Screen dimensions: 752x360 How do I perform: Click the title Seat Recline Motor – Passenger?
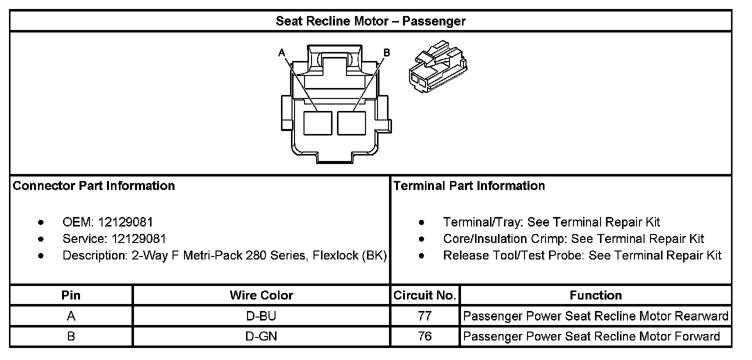click(370, 21)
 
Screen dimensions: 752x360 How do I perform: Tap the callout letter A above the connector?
click(282, 52)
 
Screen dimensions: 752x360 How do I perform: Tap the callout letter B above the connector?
click(386, 52)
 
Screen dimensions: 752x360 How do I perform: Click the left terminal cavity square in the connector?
click(318, 122)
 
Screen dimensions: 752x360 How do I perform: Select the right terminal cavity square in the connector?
click(351, 122)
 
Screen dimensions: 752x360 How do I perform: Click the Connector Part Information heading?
click(94, 186)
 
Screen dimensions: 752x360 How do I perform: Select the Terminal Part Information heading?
click(469, 186)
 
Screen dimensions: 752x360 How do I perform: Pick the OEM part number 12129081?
click(125, 222)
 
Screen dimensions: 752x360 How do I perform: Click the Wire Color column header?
click(261, 295)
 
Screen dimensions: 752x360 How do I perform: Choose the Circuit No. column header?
click(424, 295)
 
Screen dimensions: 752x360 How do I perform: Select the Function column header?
click(595, 295)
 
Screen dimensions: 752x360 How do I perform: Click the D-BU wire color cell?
click(261, 316)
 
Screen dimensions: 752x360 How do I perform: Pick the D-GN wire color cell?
click(261, 336)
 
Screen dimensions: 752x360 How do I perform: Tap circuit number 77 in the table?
click(424, 316)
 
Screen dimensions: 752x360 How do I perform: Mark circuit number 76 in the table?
click(424, 336)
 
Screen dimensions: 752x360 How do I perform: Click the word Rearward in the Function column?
click(701, 316)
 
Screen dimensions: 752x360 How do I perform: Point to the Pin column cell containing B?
click(71, 336)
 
